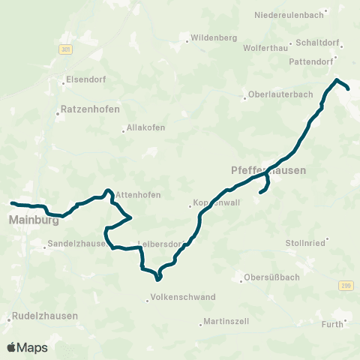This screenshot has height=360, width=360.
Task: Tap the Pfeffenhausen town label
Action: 264,170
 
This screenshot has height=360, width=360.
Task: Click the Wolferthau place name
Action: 265,47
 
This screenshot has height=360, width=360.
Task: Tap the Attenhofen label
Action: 139,195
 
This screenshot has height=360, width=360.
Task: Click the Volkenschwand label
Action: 184,297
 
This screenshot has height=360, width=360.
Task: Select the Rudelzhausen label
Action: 46,316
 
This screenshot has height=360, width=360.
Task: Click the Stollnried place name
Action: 305,243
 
